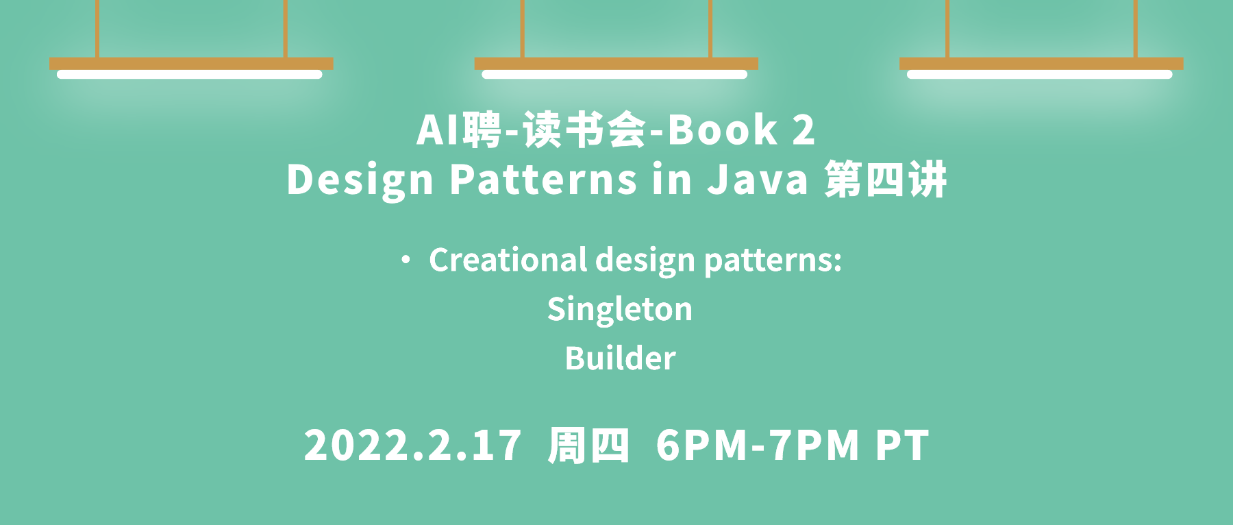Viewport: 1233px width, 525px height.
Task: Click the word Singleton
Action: click(x=620, y=310)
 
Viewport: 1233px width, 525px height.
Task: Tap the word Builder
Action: click(x=621, y=358)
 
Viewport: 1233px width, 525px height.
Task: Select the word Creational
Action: click(x=508, y=260)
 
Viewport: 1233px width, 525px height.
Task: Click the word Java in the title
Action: click(x=758, y=180)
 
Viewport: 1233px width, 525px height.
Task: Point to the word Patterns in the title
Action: click(x=543, y=180)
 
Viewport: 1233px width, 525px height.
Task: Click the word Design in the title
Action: click(x=360, y=181)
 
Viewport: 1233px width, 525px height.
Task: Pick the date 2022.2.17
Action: click(x=412, y=445)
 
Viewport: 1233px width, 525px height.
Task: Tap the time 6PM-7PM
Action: click(x=758, y=445)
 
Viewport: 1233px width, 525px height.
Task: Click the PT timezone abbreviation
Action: click(x=902, y=445)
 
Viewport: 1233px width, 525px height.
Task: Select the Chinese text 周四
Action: click(x=588, y=445)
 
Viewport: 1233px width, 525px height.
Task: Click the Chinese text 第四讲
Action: click(x=886, y=180)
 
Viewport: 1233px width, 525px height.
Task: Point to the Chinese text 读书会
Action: click(x=584, y=130)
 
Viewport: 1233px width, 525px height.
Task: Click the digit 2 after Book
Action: click(x=804, y=130)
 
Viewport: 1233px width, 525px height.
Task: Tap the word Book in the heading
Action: click(x=723, y=130)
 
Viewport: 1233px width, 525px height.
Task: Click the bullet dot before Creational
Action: click(x=406, y=260)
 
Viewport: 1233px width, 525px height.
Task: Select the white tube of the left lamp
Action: click(x=190, y=74)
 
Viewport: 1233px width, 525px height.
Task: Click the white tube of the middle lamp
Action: click(x=614, y=74)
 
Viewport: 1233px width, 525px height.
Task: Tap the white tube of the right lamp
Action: click(x=1040, y=74)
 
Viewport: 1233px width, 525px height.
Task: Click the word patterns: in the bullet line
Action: click(x=773, y=261)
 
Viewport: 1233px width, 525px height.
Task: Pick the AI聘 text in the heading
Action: click(x=460, y=130)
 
